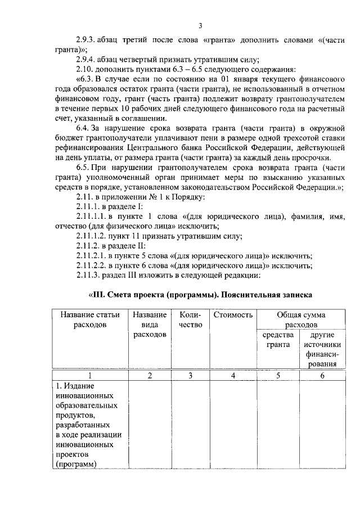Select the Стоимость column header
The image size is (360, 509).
click(x=233, y=315)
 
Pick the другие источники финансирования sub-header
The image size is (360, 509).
click(x=321, y=350)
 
